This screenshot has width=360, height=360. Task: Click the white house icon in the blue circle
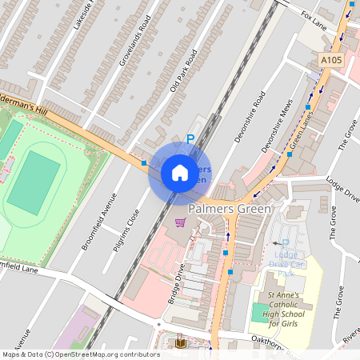click(180, 173)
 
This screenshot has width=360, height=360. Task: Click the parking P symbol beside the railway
click(190, 139)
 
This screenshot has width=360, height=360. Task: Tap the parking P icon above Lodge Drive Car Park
click(285, 243)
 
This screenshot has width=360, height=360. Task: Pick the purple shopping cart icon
click(181, 222)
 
